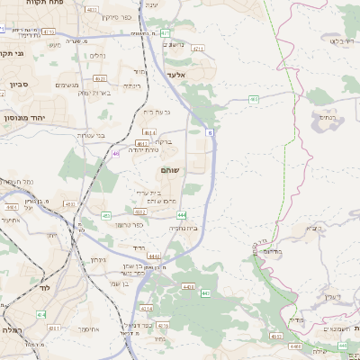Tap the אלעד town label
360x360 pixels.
point(175,76)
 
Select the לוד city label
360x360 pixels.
point(44,289)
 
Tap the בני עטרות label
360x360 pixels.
point(89,136)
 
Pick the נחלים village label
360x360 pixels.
point(97,56)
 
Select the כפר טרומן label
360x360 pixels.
point(130,224)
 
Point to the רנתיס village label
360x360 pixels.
point(326,117)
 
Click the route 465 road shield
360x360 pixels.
point(254,99)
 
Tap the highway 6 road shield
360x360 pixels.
point(211,132)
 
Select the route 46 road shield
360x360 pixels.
point(116,153)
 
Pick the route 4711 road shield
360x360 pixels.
point(198,49)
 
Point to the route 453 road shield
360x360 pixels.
point(106,216)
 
